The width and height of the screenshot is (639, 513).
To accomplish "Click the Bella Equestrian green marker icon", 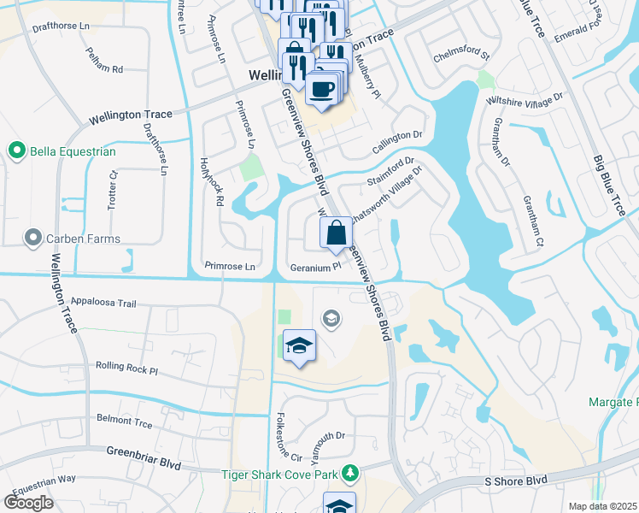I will coord(16,151).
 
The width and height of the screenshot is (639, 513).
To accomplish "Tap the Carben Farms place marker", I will coord(33,236).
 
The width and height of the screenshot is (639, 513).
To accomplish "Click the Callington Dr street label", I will coord(397,142).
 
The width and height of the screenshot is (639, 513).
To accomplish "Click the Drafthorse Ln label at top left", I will coord(61,27).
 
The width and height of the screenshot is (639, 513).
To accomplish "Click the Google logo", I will coord(28,503).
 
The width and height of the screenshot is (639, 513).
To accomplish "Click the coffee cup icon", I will coord(321,88).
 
